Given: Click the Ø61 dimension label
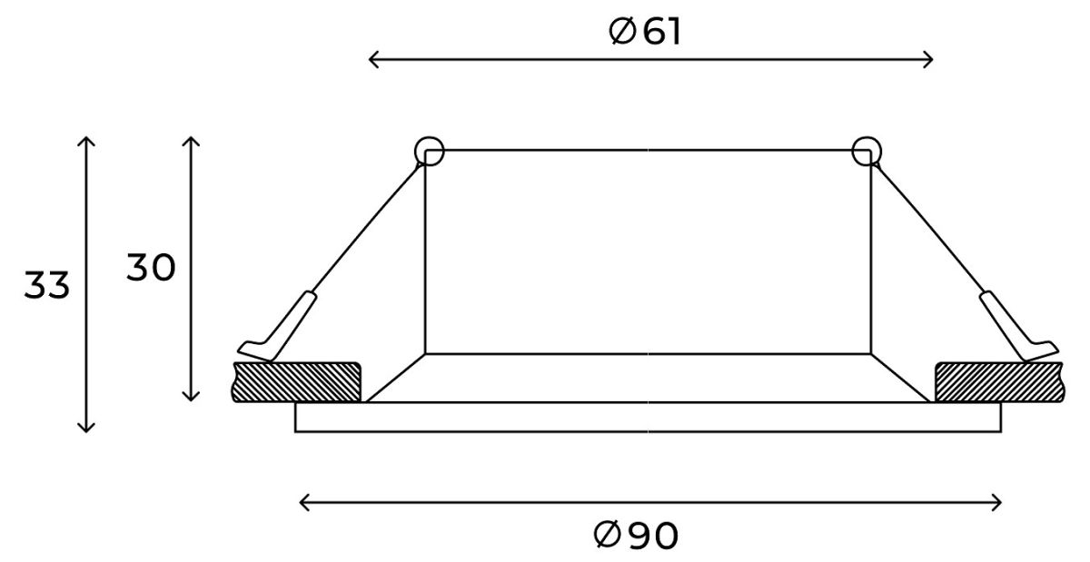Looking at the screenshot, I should [x=646, y=33].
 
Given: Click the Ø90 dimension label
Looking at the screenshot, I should [x=636, y=536].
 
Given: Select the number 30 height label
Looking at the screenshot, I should [x=151, y=269].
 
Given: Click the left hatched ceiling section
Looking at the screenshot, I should [x=297, y=381].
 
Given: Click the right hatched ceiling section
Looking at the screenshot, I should [x=997, y=381].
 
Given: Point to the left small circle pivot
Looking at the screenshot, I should [x=428, y=152].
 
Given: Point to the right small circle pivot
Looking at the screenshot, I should [x=866, y=152].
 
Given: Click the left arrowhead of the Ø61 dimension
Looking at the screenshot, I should [x=372, y=60].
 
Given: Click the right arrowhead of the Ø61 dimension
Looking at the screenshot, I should [x=929, y=60].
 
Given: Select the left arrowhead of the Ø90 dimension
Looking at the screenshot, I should [x=303, y=502].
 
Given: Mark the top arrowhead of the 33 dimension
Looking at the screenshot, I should [x=85, y=140].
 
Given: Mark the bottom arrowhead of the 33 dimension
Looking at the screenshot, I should [x=85, y=428].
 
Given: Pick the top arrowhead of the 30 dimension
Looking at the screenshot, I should [x=191, y=140].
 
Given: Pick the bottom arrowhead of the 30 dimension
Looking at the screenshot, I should [x=191, y=396].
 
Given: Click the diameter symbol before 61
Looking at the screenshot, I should [x=622, y=33].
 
